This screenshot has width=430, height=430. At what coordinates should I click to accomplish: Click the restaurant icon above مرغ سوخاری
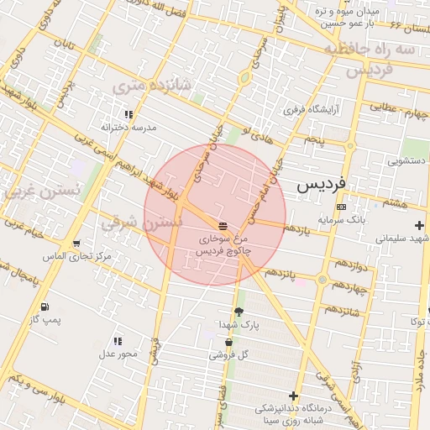pyautogui.click(x=223, y=225)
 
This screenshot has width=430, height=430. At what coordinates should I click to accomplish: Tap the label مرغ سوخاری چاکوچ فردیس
pyautogui.click(x=223, y=244)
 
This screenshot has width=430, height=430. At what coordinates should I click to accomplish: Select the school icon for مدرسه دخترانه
pyautogui.click(x=128, y=113)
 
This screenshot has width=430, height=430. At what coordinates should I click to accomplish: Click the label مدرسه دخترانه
pyautogui.click(x=129, y=127)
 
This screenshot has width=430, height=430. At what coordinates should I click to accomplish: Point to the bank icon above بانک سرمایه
pyautogui.click(x=340, y=207)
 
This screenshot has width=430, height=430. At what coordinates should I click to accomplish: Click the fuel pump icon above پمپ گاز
pyautogui.click(x=44, y=307)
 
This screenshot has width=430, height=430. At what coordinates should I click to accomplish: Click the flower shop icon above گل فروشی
pyautogui.click(x=228, y=343)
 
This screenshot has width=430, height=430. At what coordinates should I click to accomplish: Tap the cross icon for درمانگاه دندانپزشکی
pyautogui.click(x=293, y=396)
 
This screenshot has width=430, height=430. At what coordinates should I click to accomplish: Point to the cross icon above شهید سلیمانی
pyautogui.click(x=419, y=225)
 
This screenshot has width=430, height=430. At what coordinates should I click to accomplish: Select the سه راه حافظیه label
pyautogui.click(x=370, y=50)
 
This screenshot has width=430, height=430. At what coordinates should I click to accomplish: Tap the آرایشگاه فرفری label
pyautogui.click(x=309, y=109)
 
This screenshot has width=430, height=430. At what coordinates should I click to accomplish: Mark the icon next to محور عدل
pyautogui.click(x=118, y=341)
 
